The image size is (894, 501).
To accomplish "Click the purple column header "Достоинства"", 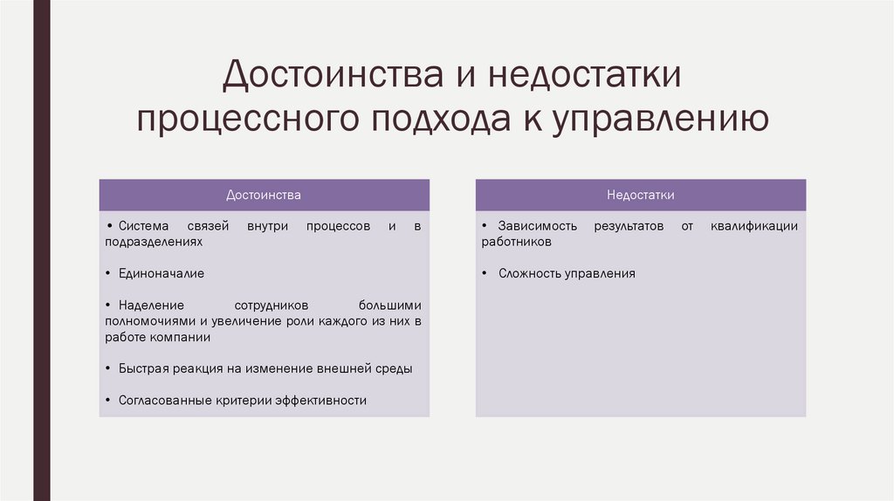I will click(x=264, y=195).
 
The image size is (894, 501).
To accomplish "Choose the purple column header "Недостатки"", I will click(x=641, y=195).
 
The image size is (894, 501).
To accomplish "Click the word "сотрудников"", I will click(x=272, y=305).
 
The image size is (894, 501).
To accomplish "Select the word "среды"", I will click(x=394, y=368).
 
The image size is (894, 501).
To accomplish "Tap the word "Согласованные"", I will click(x=161, y=400).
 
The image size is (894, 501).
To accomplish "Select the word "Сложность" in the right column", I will click(x=529, y=273).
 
